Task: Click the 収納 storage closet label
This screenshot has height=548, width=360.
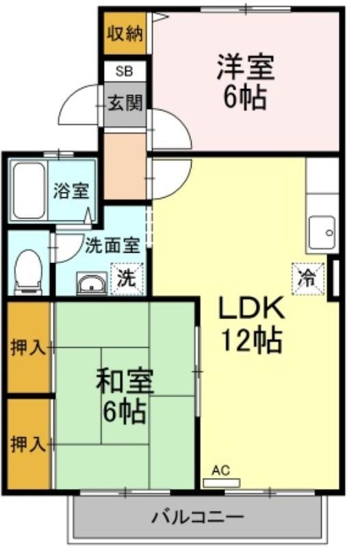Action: (125, 34)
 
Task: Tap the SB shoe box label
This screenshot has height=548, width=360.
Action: (125, 71)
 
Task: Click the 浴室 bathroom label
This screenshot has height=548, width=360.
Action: (71, 190)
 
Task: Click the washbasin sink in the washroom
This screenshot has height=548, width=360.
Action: (90, 283)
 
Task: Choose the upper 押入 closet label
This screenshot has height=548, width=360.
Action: (27, 347)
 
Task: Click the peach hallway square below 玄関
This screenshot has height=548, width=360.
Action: (125, 164)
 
